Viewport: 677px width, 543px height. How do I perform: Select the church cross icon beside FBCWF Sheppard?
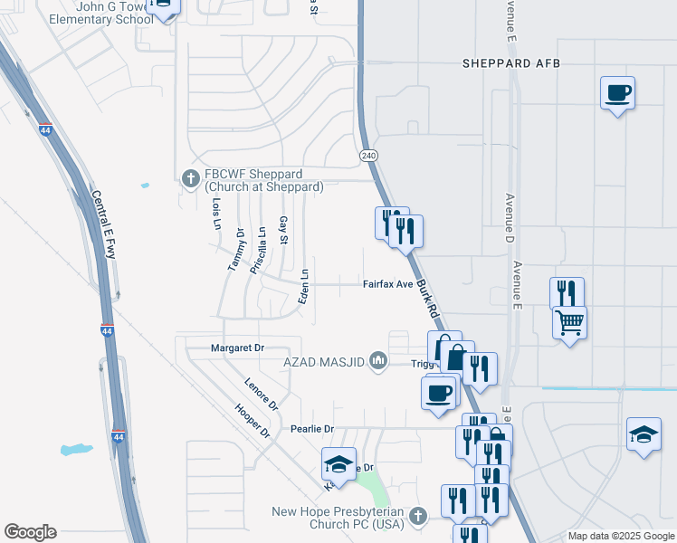pyautogui.click(x=191, y=179)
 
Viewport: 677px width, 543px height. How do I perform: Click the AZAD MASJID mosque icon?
pyautogui.click(x=378, y=362)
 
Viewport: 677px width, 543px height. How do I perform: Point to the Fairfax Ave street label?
pyautogui.click(x=387, y=284)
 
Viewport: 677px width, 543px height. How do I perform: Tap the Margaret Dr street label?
pyautogui.click(x=236, y=348)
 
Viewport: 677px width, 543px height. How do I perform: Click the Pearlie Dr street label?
pyautogui.click(x=312, y=429)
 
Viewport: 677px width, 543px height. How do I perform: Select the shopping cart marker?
pyautogui.click(x=569, y=321)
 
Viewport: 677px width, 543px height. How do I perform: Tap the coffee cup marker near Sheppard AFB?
pyautogui.click(x=617, y=92)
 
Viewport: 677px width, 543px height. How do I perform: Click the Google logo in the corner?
pyautogui.click(x=30, y=532)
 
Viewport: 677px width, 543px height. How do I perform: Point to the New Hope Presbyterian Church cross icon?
pyautogui.click(x=417, y=516)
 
